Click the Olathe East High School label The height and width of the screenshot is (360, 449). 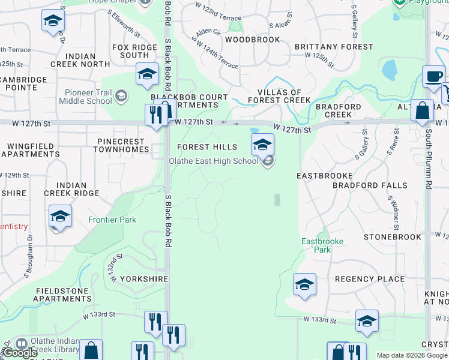click(214, 161)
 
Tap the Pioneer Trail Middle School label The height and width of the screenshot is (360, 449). click(86, 97)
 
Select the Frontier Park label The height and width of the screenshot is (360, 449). click(112, 220)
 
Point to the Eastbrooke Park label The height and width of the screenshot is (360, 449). click(316, 245)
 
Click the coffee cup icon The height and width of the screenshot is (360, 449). click(433, 77)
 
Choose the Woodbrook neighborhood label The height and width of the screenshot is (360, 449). click(252, 40)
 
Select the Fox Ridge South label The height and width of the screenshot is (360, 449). click(130, 51)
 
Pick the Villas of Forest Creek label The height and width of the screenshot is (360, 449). click(280, 97)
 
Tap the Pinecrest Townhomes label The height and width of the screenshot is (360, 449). click(122, 145)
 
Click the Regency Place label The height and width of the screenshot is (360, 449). click(370, 279)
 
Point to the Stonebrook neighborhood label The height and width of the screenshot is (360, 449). click(392, 237)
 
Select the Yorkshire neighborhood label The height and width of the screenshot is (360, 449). click(142, 279)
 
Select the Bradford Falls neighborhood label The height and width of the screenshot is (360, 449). click(370, 185)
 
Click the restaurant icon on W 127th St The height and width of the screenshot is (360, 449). click(155, 114)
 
